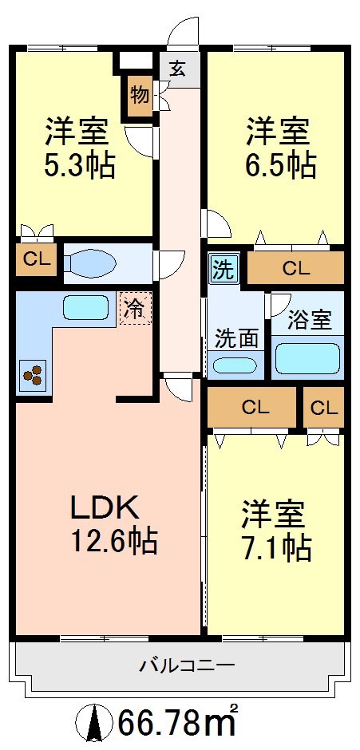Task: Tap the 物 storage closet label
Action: (x=139, y=96)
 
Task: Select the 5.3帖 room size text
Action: (x=80, y=166)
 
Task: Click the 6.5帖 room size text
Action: (x=280, y=166)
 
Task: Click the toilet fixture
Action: (x=93, y=264)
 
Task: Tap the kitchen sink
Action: (x=85, y=307)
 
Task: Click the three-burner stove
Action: (x=33, y=376)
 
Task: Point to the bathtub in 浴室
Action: (x=307, y=358)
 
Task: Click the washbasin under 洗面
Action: (x=236, y=366)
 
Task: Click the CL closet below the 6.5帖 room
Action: (x=295, y=268)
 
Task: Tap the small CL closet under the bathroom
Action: (x=323, y=408)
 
